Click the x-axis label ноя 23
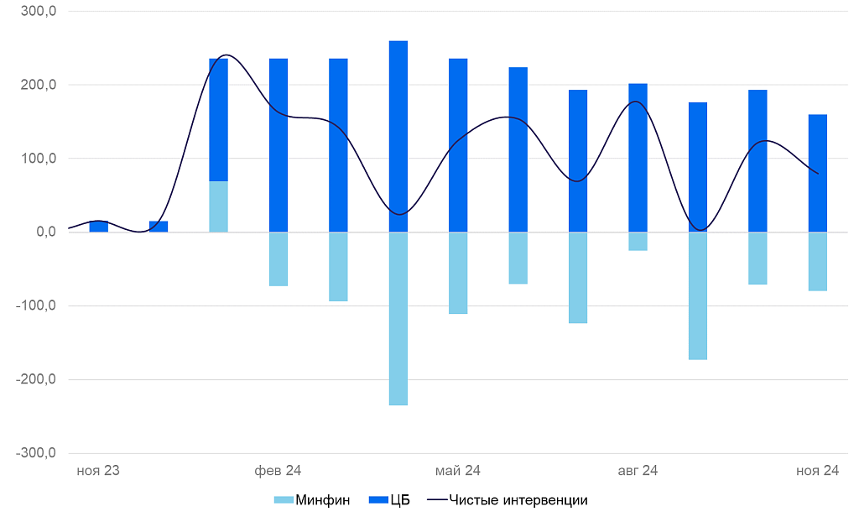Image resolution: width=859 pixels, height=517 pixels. click(x=98, y=471)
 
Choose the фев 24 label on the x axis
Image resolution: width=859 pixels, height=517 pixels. click(x=278, y=471)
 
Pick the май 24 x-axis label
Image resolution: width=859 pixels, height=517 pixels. click(x=458, y=471)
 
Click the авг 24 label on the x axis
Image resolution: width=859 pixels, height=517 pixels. click(x=638, y=471)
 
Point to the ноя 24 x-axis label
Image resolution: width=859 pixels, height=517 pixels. click(x=817, y=471)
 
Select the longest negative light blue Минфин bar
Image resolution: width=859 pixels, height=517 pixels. click(x=398, y=319)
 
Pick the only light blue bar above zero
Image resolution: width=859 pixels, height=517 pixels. click(x=218, y=206)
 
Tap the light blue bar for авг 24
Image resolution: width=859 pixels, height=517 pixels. click(x=638, y=242)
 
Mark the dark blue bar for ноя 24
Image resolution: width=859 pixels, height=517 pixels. click(x=818, y=173)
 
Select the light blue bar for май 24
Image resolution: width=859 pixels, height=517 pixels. click(x=458, y=273)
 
